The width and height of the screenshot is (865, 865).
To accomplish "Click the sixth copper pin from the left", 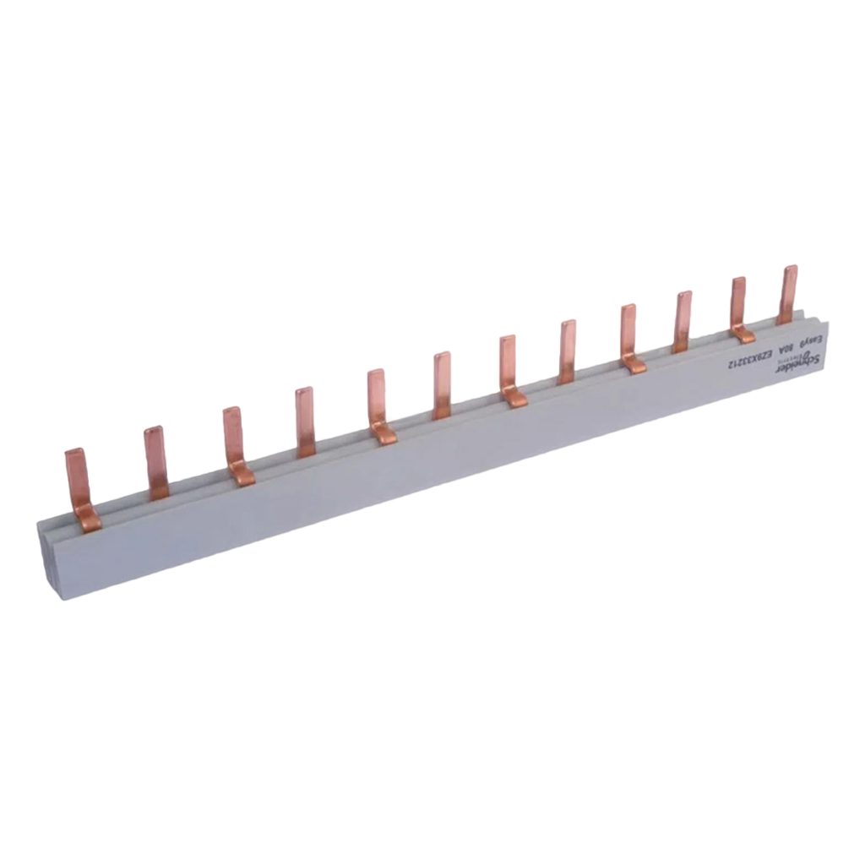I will [x=441, y=384].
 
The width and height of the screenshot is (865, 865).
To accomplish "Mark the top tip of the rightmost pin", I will [x=791, y=269].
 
